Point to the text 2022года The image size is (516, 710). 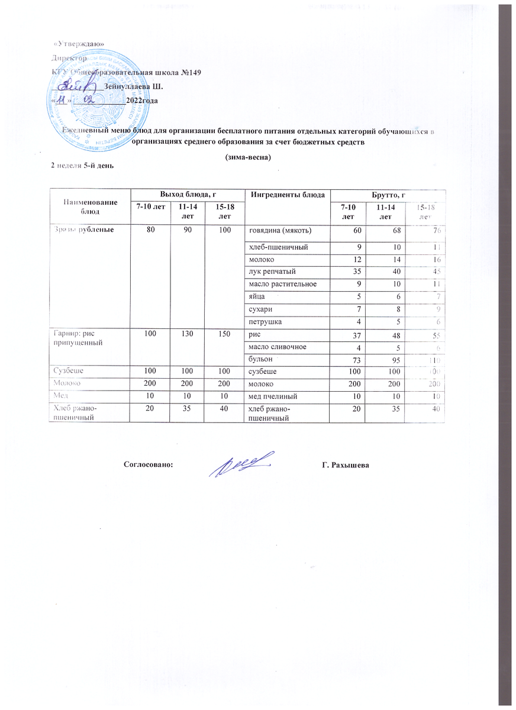(142, 101)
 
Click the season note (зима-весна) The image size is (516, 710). (249, 158)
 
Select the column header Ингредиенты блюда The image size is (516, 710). (288, 195)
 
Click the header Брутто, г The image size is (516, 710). (387, 195)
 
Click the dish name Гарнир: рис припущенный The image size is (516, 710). (75, 339)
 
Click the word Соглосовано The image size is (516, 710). (149, 465)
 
